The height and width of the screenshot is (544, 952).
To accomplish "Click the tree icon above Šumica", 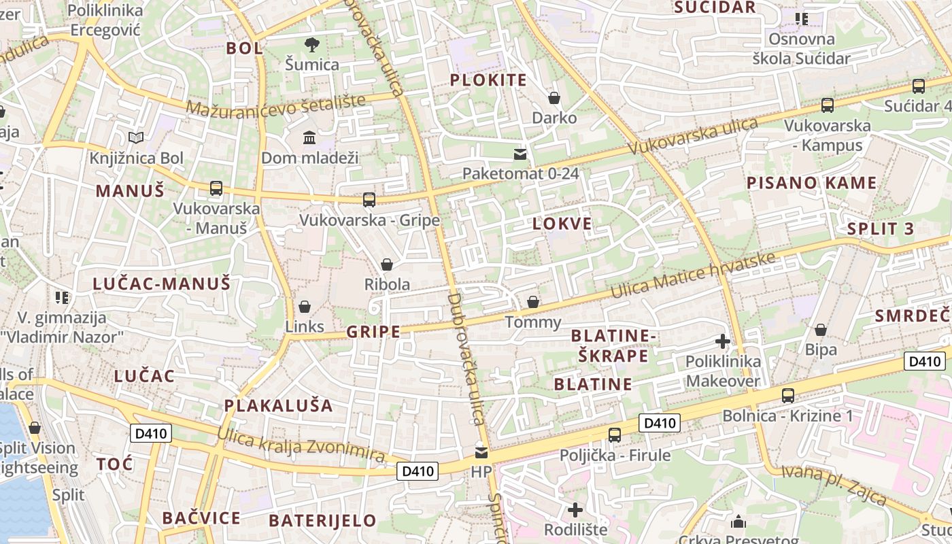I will [x=312, y=45].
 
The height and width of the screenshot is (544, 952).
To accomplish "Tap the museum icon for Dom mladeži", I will [x=309, y=137].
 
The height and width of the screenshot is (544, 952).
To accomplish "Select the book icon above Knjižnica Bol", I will [x=137, y=138].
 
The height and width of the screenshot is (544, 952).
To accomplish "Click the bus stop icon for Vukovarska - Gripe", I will [x=369, y=199].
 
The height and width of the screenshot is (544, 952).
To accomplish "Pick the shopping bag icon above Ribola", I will [x=387, y=264].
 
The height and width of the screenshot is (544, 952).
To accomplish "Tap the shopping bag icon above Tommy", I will [x=533, y=301].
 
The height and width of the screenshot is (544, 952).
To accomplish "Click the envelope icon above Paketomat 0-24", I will [x=520, y=154].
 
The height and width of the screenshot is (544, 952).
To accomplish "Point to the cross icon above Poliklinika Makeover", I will [x=723, y=341].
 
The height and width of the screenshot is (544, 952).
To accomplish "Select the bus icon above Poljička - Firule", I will [x=615, y=435].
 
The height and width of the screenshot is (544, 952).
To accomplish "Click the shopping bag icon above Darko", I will [x=554, y=98].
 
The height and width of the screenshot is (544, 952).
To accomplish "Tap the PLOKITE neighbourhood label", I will [x=488, y=80].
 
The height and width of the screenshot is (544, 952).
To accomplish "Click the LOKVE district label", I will [x=562, y=224].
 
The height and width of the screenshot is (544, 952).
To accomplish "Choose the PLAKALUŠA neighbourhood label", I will [x=279, y=406].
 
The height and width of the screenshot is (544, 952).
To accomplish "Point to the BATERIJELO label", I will [x=322, y=521].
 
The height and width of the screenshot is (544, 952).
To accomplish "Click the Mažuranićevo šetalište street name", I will [x=275, y=105].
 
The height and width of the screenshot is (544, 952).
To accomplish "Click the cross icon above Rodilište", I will [x=575, y=509].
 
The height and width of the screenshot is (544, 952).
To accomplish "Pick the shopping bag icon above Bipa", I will [x=821, y=330].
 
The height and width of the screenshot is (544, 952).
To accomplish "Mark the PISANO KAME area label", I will [x=811, y=183].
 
